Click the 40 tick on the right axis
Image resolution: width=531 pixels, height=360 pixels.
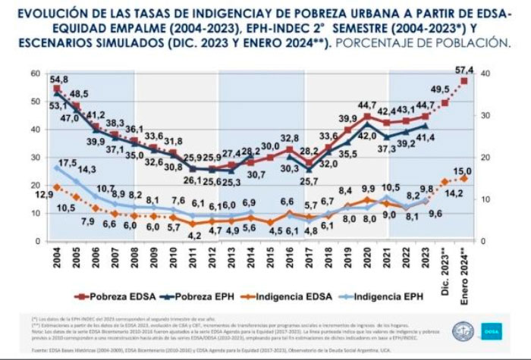485,73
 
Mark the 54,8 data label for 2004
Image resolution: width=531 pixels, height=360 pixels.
59,80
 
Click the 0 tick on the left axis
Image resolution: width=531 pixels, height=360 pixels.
36,240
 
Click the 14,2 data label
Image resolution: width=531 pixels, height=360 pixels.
441,193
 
